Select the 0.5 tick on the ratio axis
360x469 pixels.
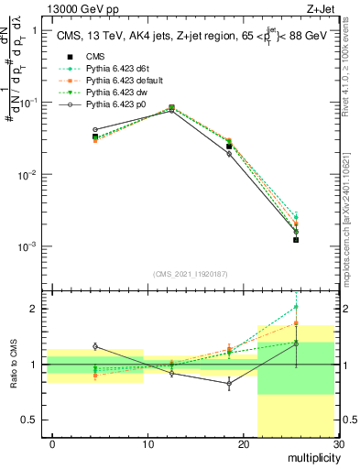pos(35,420)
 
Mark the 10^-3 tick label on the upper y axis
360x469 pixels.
pos(28,246)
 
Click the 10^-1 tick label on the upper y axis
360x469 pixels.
pos(28,103)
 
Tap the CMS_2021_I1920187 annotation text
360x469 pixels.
pos(190,273)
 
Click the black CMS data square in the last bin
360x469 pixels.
pos(296,240)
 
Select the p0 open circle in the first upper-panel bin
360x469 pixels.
pos(95,130)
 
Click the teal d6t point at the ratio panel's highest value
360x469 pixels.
pos(296,308)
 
